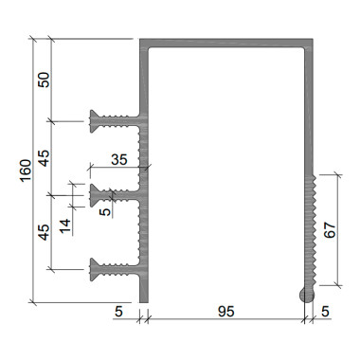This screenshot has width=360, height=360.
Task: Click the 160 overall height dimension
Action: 26,171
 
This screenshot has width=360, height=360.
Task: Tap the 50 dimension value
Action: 45,80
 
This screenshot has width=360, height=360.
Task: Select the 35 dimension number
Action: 119,160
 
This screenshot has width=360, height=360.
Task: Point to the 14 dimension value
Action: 65,225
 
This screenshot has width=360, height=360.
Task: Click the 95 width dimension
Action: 226,312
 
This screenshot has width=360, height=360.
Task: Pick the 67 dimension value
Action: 330,230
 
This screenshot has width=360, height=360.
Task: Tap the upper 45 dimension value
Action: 45,158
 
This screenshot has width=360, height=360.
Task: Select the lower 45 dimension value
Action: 45,232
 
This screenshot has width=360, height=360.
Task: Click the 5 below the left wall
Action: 118,312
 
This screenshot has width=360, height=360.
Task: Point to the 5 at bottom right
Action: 325,312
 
